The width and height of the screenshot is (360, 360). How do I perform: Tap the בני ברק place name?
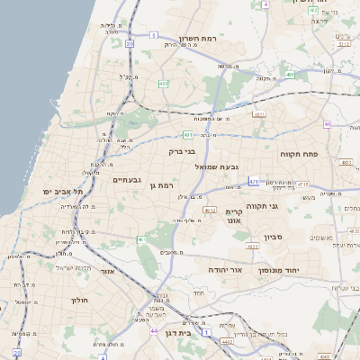[181, 152]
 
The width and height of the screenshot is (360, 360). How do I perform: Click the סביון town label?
[274, 238]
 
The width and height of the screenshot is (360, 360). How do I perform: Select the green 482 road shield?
[163, 84]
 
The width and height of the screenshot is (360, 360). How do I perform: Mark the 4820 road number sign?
[253, 246]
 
